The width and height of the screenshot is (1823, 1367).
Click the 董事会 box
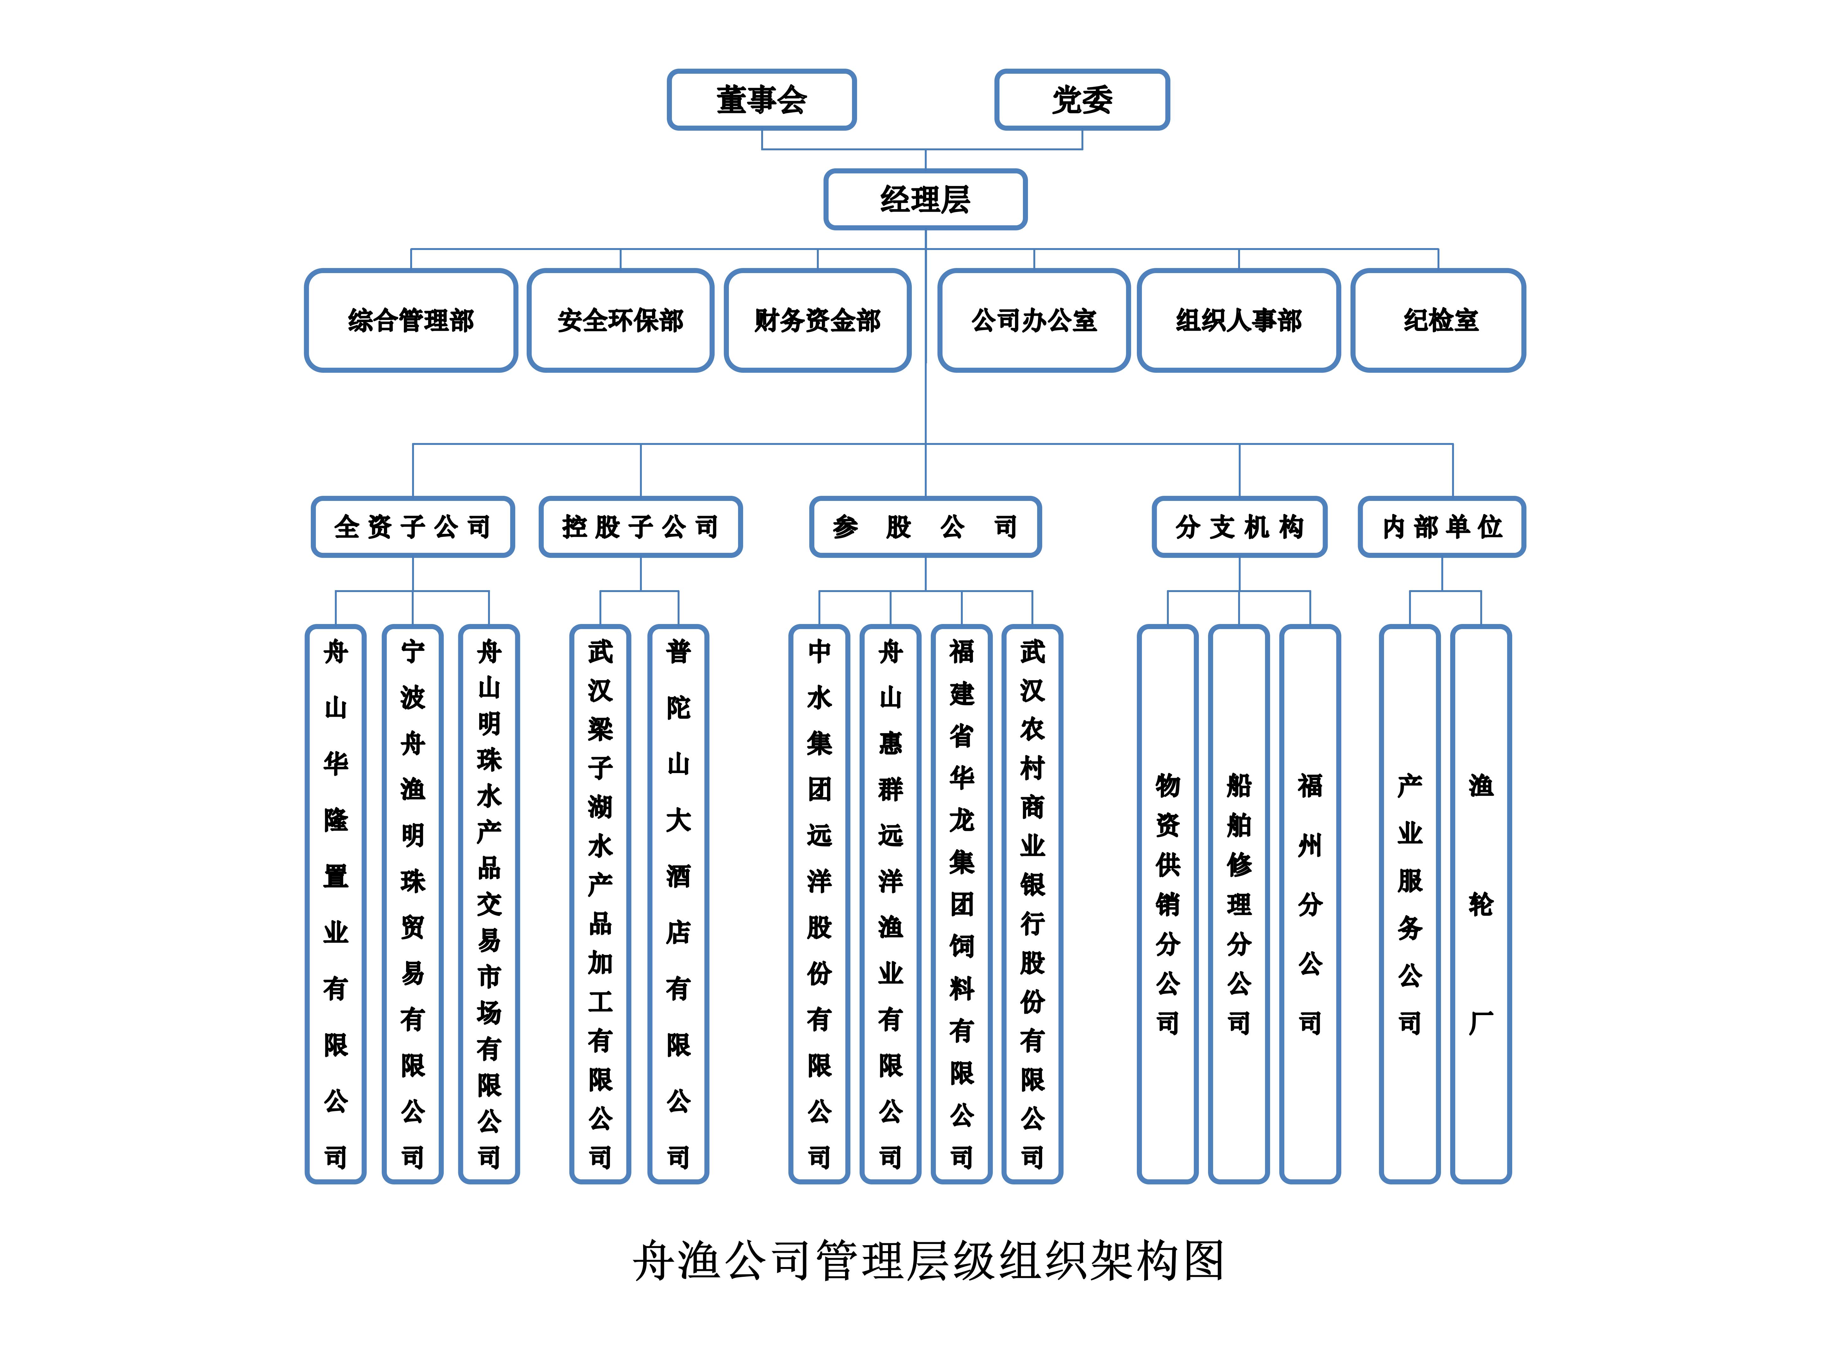[761, 100]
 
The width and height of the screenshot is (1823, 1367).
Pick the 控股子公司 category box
[640, 527]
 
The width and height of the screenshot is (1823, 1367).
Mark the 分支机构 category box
[1239, 527]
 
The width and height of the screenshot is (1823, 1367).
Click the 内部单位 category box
[1441, 527]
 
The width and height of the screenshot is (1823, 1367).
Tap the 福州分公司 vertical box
[1310, 904]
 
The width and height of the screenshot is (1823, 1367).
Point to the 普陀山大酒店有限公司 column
[677, 904]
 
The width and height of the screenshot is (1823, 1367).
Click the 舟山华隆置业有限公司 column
[335, 904]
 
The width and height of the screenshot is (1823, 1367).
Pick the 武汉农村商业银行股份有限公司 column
[1032, 904]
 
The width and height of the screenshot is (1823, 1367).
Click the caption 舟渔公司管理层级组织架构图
[928, 1260]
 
